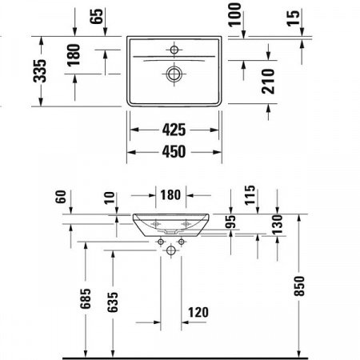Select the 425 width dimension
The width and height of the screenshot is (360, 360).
point(175,127)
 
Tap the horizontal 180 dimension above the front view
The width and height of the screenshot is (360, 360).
point(169,195)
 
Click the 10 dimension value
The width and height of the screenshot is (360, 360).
point(108,196)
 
